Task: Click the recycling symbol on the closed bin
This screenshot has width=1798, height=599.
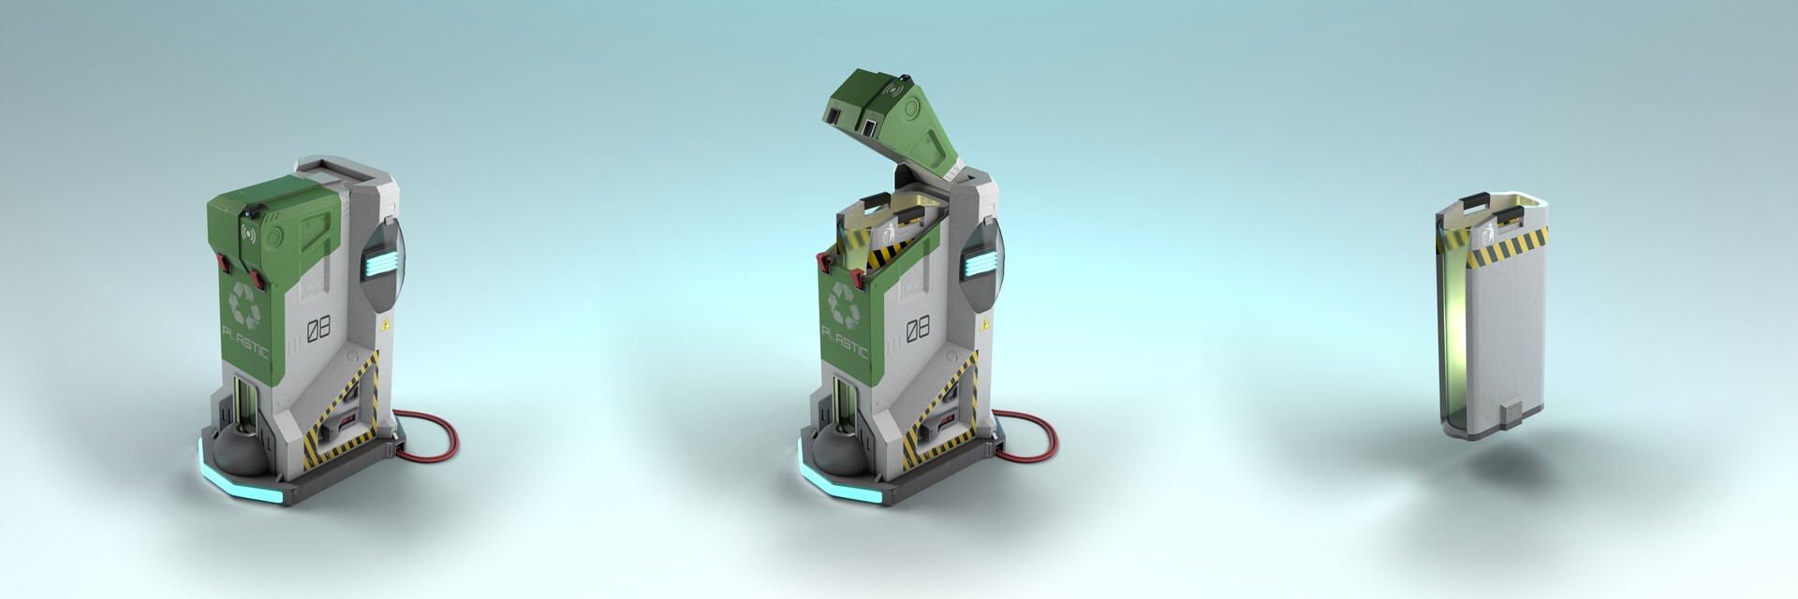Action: click(246, 300)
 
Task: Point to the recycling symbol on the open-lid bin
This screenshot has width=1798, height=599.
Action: click(846, 301)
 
